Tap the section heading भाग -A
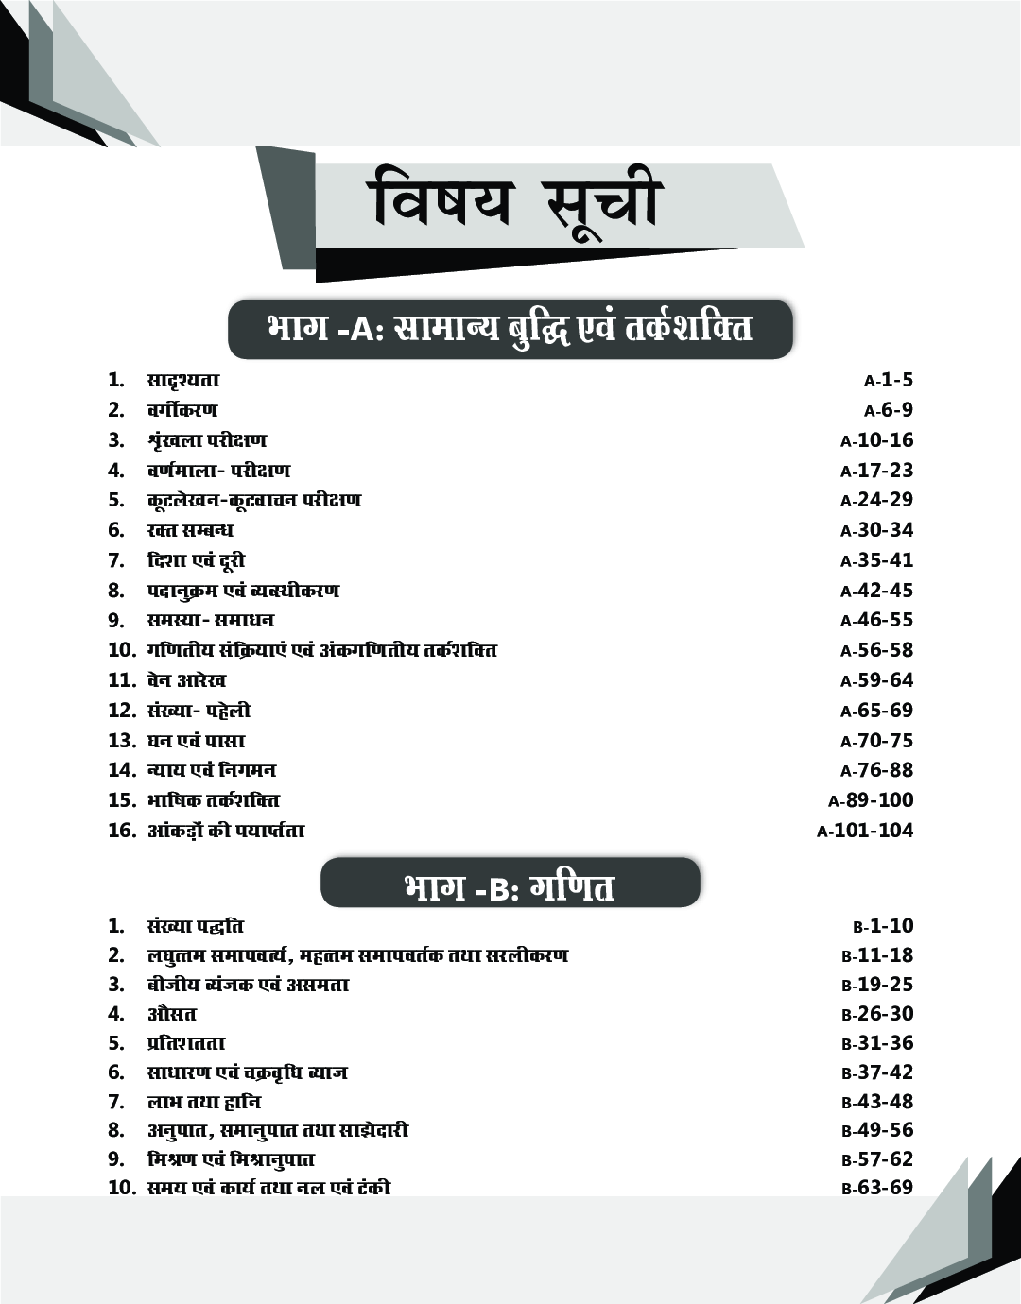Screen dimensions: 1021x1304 pos(510,329)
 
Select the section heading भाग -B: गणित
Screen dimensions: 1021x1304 pos(510,887)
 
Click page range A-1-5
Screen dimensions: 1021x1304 pos(889,381)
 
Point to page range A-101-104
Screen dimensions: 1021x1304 pos(865,831)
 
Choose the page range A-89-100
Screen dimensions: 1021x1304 pos(871,800)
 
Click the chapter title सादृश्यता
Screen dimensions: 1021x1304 pos(183,381)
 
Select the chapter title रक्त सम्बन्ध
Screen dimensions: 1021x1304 pos(190,530)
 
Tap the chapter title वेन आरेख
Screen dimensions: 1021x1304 pos(186,680)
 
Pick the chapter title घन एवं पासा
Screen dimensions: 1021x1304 pos(196,740)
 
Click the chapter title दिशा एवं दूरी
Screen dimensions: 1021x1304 pos(189,560)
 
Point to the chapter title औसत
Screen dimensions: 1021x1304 pos(171,1014)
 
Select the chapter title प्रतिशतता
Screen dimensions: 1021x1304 pos(186,1043)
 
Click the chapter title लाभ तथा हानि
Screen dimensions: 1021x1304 pos(203,1102)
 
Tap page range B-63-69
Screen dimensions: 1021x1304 pos(877,1188)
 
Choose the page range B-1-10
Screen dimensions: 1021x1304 pos(883,926)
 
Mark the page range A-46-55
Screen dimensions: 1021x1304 pos(877,620)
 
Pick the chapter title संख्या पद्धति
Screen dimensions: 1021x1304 pos(196,926)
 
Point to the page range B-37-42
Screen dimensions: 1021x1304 pos(877,1072)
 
